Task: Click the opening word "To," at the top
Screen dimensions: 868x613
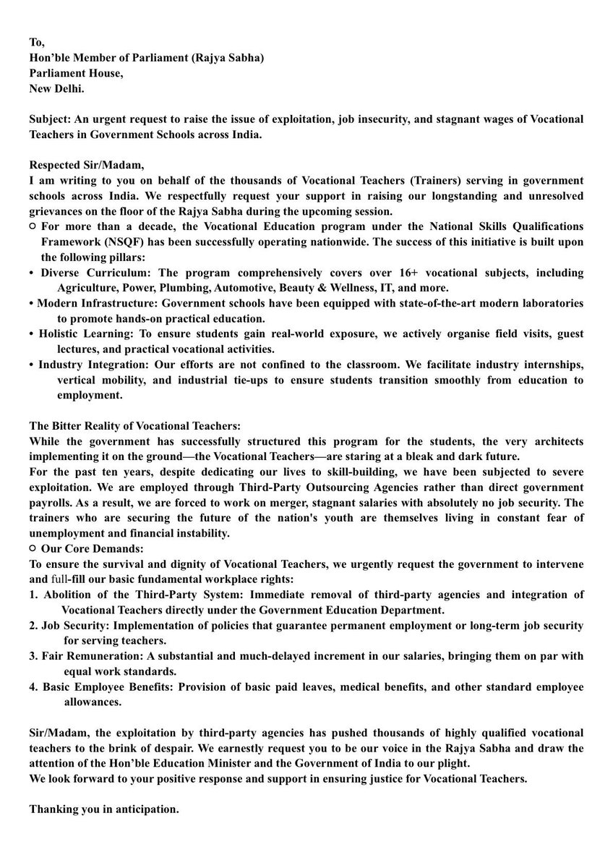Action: click(x=36, y=43)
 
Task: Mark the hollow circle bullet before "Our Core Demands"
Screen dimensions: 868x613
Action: click(x=33, y=548)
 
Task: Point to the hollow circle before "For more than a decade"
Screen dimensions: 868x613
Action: click(x=33, y=226)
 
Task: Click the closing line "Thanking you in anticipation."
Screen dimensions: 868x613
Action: click(x=104, y=809)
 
